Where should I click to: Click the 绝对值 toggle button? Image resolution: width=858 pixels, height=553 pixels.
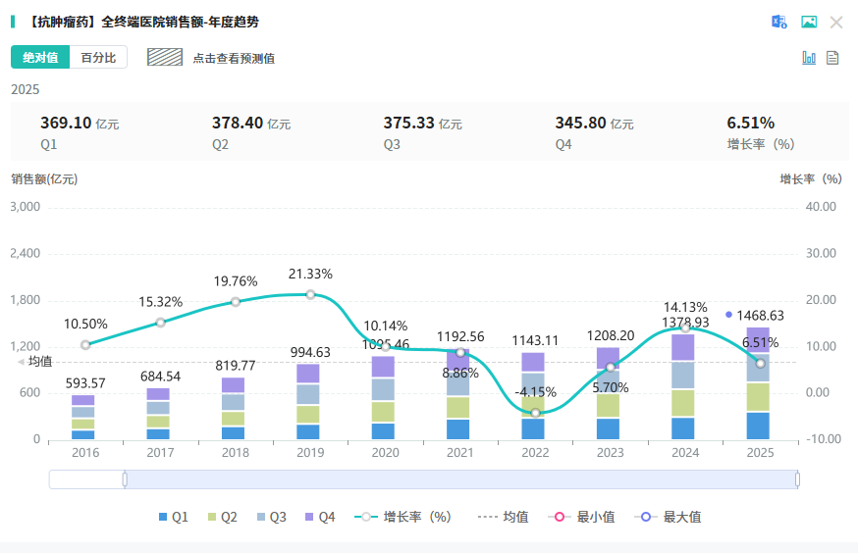40,58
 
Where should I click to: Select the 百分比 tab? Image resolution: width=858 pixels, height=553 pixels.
98,58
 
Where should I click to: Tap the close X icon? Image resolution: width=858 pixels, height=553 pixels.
836,22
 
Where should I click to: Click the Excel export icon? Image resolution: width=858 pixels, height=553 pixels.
779,22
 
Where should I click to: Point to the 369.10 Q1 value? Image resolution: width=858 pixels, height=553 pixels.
66,123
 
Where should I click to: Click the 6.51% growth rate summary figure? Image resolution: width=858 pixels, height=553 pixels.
750,123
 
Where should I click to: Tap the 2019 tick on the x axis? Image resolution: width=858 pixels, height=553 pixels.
310,453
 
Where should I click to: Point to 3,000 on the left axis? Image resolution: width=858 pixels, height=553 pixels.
25,207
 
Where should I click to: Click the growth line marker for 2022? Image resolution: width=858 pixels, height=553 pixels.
535,412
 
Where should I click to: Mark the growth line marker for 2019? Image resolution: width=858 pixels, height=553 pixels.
310,294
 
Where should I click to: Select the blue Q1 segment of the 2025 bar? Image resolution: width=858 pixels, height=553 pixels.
760,426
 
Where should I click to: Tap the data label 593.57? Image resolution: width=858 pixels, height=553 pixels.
85,382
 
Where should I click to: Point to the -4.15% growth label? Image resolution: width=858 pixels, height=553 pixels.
535,392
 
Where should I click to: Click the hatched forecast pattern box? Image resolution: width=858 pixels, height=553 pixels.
165,57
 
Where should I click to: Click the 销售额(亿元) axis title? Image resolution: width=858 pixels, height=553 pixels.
44,178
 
